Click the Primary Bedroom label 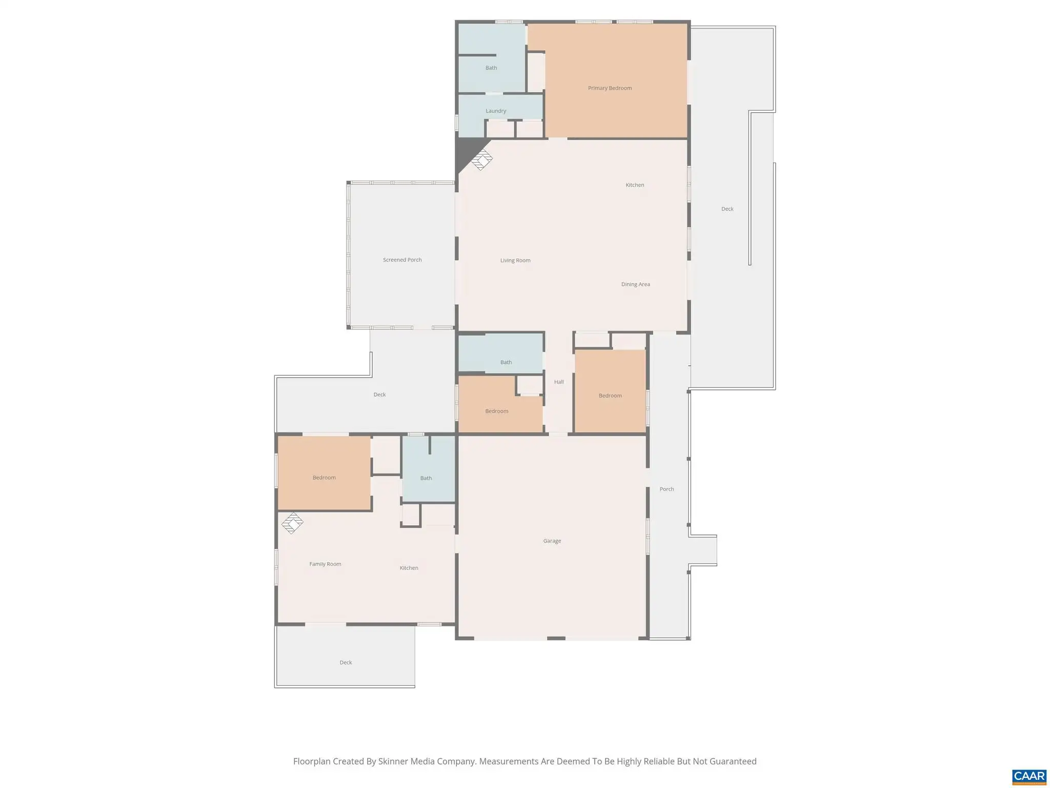tap(610, 88)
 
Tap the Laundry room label tap(496, 111)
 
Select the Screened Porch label tap(402, 260)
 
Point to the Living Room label tap(515, 261)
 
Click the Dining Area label tap(636, 284)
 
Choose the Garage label tap(552, 541)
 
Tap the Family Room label tap(325, 564)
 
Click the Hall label tap(559, 382)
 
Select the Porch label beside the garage tap(667, 489)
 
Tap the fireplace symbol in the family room tap(292, 523)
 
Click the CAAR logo tap(1029, 776)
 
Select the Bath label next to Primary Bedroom tap(491, 68)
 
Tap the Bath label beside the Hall tap(506, 362)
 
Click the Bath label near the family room tap(426, 478)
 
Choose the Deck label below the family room tap(346, 662)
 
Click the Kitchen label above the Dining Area tap(635, 185)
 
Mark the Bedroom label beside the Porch tap(610, 396)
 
